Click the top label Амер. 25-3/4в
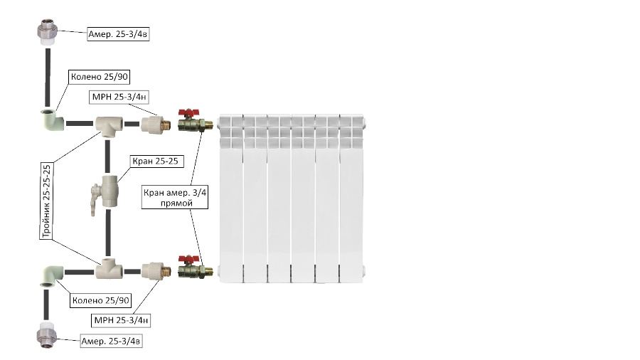118,34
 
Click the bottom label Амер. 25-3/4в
111,342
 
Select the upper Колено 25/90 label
99,77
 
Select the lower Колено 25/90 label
101,301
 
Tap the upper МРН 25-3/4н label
119,97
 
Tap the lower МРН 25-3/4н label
121,320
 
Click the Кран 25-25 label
155,162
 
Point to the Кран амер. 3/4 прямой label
175,198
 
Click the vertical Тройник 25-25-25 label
47,201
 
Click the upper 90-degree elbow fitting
53,120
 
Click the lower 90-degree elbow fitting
52,276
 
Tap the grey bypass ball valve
105,192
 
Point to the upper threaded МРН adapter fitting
156,125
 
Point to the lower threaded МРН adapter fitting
156,270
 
